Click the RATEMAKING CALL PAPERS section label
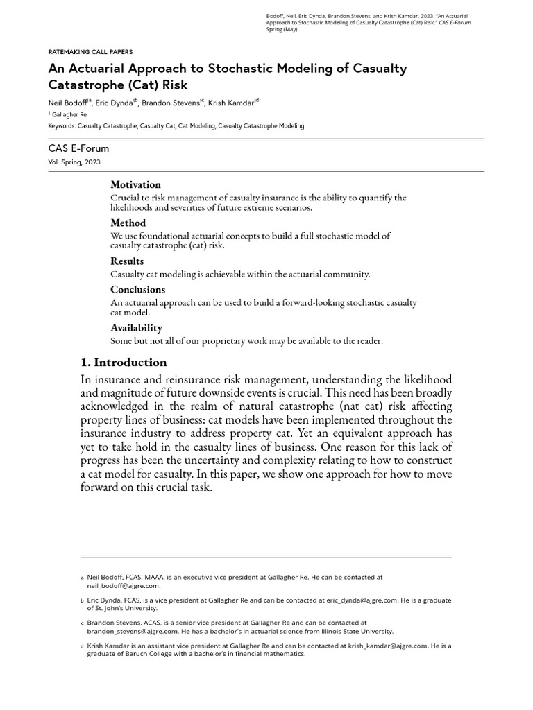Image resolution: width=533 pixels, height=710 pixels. pos(90,52)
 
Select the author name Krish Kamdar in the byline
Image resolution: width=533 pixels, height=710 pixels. pos(231,102)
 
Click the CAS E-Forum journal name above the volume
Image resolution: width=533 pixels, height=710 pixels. pos(78,148)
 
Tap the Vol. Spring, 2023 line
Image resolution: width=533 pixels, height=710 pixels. pos(74,162)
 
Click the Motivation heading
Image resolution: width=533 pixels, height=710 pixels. pos(135,184)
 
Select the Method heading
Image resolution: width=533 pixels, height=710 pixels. pos(128,223)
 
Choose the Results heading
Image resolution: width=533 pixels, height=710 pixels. pos(127,261)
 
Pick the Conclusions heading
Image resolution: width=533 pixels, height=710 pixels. pos(137,289)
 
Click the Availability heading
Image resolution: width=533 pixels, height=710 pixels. pos(136,327)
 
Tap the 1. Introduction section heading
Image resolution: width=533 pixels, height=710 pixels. pos(124,362)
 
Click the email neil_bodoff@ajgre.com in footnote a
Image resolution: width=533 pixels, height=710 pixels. pos(123,585)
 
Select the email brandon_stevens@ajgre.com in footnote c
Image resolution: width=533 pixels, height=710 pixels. pos(132,632)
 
